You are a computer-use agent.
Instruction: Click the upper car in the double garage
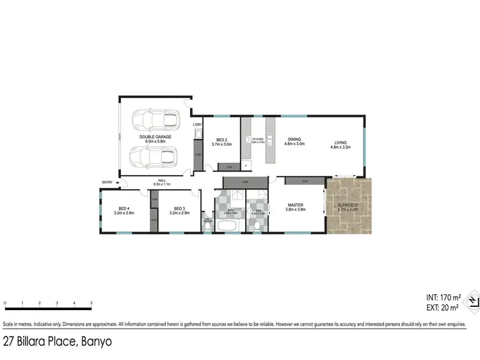coord(154,120)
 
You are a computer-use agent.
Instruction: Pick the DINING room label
coord(295,141)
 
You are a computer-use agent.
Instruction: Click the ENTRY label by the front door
coord(107,183)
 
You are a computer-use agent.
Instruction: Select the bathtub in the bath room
coord(227,226)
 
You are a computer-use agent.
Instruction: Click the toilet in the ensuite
coord(257,226)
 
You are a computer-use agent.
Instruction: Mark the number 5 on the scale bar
coord(92,303)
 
